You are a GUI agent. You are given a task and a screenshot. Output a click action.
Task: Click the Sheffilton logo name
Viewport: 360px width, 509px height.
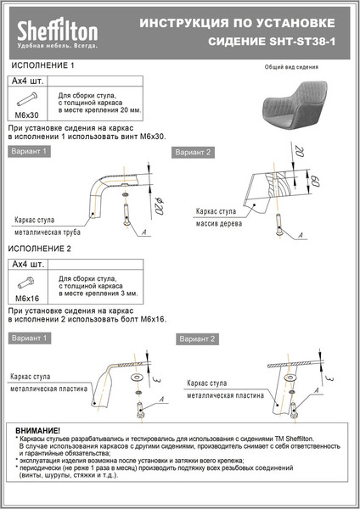58,31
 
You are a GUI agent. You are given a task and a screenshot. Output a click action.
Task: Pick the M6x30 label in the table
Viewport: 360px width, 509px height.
28,114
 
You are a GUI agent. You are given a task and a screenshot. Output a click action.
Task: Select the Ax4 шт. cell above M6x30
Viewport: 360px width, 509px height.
28,81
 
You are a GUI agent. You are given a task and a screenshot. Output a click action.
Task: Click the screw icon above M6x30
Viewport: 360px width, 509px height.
28,98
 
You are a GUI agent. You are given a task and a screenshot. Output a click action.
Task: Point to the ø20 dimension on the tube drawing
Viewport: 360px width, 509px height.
159,204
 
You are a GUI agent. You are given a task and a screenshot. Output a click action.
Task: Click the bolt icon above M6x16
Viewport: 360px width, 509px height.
28,282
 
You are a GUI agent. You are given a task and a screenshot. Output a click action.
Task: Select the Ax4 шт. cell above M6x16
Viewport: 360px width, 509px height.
28,266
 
